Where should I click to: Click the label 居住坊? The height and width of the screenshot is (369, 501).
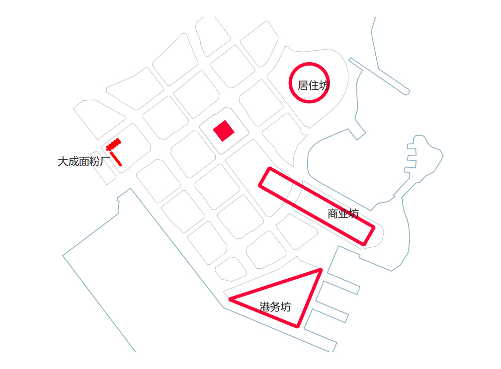click(314, 85)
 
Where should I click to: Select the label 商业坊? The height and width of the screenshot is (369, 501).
click(343, 214)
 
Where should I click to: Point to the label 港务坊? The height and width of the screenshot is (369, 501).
click(275, 307)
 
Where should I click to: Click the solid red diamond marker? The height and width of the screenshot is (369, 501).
click(224, 131)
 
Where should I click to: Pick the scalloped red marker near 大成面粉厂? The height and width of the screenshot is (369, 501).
click(113, 145)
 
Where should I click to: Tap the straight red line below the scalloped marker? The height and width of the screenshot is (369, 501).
click(116, 159)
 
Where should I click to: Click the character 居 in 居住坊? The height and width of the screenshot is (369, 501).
click(303, 85)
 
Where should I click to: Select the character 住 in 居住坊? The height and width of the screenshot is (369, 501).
click(314, 85)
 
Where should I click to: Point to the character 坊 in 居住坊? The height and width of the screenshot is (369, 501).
click(324, 85)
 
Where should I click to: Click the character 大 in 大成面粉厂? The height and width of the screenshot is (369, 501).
click(63, 161)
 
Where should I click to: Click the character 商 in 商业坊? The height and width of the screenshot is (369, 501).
click(333, 214)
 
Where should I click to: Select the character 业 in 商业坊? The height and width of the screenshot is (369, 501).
click(343, 214)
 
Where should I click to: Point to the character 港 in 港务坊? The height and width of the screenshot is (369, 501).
click(264, 307)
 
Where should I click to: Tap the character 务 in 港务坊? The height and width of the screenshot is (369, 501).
click(275, 307)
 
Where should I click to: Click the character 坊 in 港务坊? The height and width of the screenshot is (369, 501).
click(286, 307)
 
